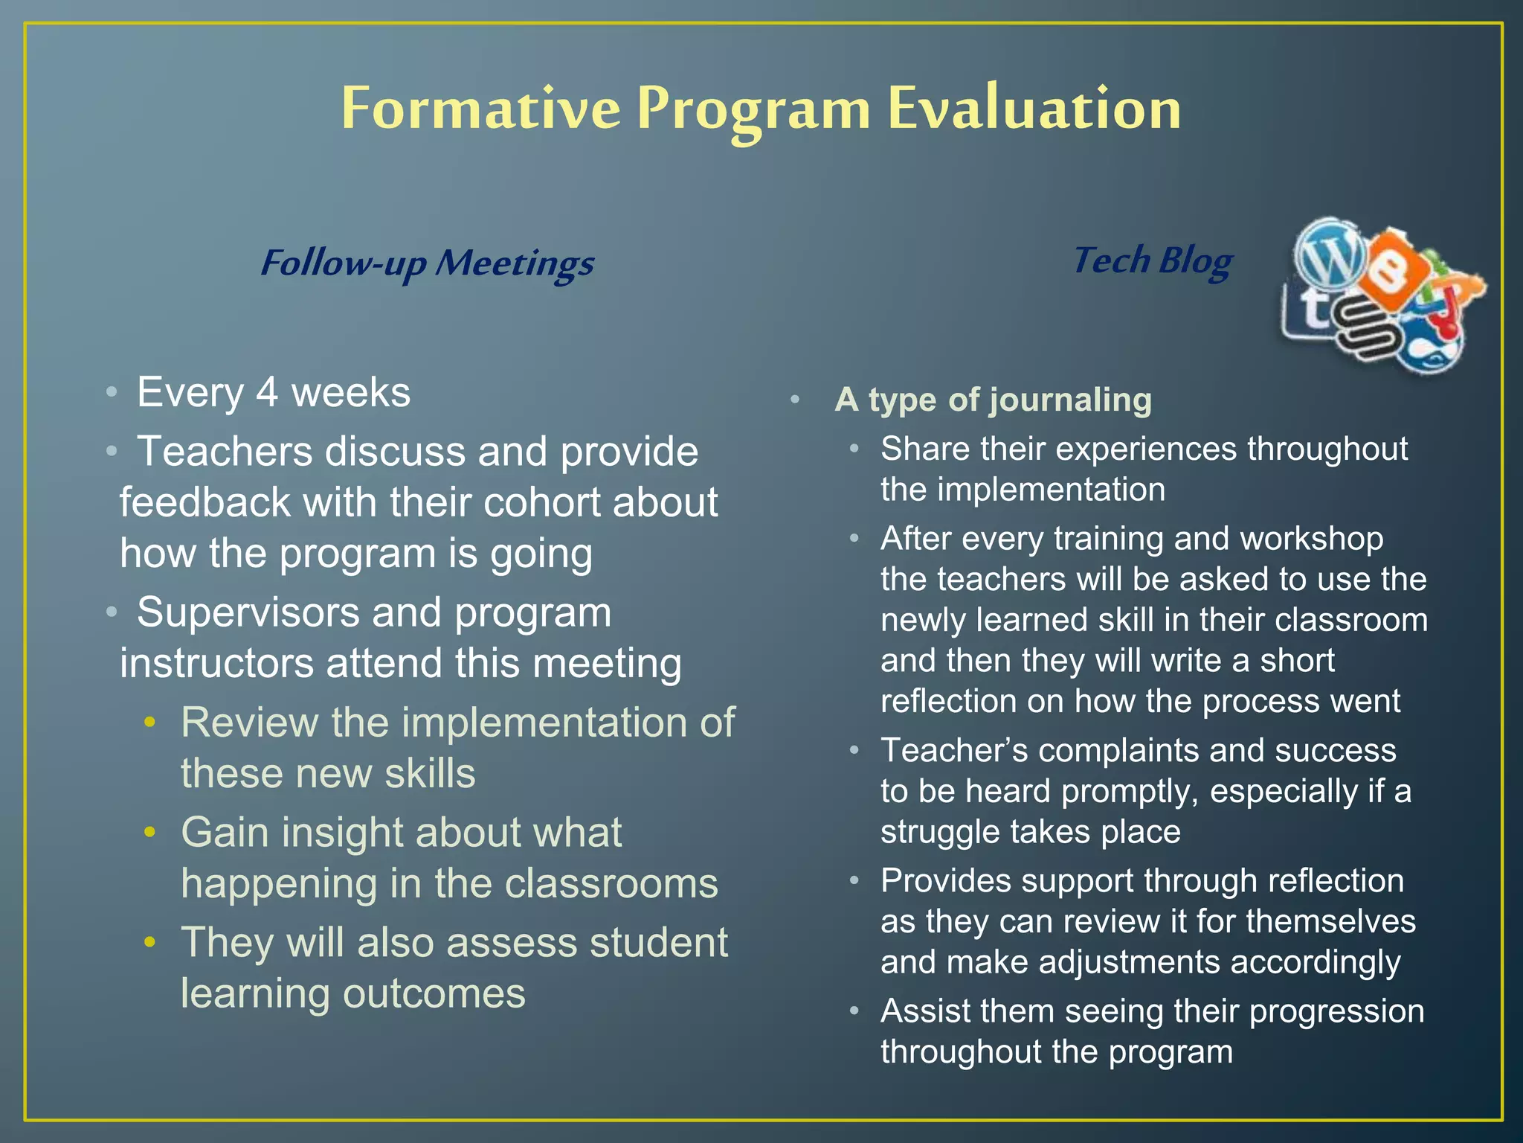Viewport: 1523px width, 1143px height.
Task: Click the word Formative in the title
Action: point(480,109)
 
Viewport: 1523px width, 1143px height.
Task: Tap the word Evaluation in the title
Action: point(1034,109)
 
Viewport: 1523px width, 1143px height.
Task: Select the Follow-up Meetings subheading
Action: point(427,263)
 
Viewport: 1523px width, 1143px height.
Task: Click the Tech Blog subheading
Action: point(1153,260)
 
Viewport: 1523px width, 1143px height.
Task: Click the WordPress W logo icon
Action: point(1330,254)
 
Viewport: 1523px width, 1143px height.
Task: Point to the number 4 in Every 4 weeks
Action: point(268,392)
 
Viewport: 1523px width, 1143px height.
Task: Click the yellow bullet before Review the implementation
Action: point(150,722)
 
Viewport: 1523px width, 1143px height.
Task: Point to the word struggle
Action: point(939,832)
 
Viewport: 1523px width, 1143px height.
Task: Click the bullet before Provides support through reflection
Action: point(854,881)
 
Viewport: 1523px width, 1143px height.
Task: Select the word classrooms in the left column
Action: point(611,883)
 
